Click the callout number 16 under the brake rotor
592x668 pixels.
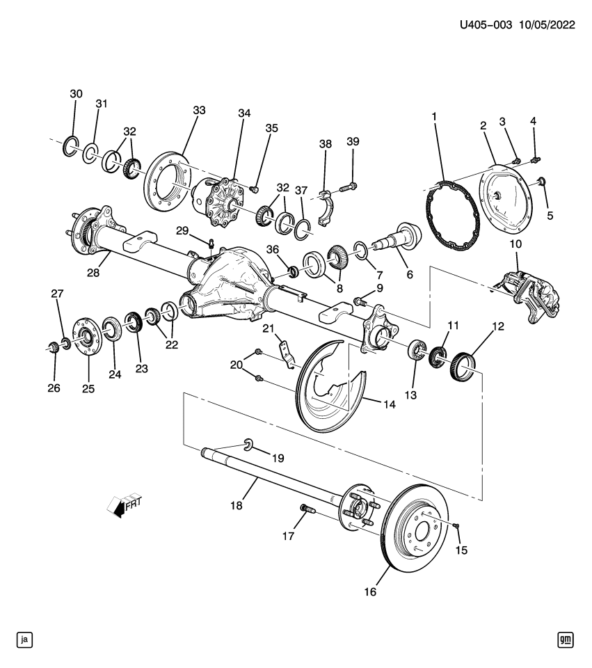click(369, 591)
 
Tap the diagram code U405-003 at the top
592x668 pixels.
click(486, 25)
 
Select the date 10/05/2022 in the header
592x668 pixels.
click(546, 25)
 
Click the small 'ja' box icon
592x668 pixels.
click(25, 639)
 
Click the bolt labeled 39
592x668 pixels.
click(349, 186)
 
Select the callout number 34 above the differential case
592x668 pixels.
click(243, 113)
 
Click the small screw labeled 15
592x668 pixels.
click(454, 526)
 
